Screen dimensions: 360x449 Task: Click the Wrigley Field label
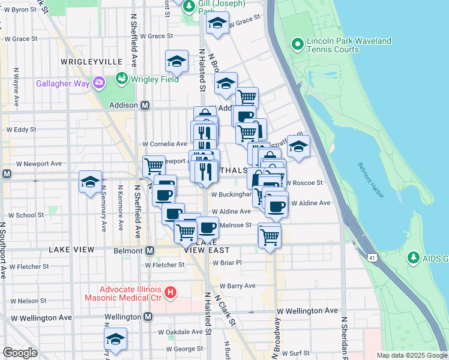154,79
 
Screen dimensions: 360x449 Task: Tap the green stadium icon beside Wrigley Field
121,79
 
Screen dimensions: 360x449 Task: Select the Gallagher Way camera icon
99,83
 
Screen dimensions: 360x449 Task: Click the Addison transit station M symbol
145,105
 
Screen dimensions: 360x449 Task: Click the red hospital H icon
170,293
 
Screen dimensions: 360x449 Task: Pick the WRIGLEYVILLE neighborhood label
91,62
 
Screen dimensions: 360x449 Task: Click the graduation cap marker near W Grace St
217,23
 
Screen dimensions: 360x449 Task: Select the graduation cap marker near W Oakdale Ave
115,338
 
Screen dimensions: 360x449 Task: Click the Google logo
20,353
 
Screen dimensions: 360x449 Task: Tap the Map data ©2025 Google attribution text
411,355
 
